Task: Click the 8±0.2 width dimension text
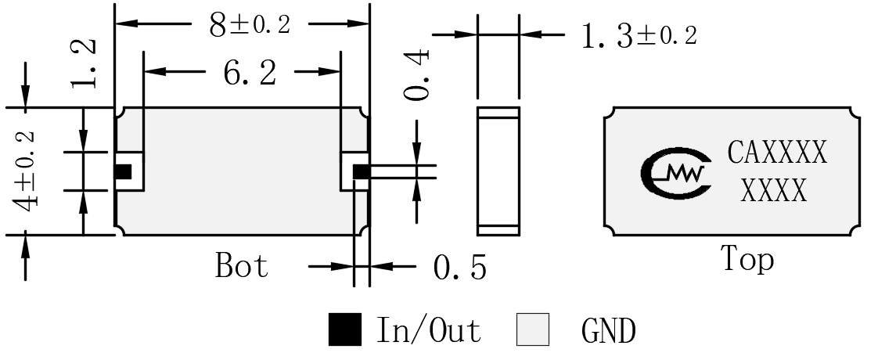tap(250, 25)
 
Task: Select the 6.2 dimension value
tap(250, 73)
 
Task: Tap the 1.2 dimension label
tap(84, 64)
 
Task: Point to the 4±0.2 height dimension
tap(26, 171)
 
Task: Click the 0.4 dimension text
tap(417, 74)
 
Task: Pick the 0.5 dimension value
tap(459, 268)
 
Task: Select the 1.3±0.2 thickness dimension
tap(639, 37)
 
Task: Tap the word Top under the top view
tap(747, 260)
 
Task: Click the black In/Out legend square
tap(345, 329)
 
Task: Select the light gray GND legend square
tap(532, 329)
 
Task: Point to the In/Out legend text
tap(428, 330)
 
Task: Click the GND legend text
tap(609, 331)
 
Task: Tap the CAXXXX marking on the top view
tap(776, 153)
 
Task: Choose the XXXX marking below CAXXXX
tap(773, 191)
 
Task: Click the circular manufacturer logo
tap(676, 174)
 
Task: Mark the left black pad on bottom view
tap(123, 172)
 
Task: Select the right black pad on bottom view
tap(362, 172)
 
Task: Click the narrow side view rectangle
tap(498, 171)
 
